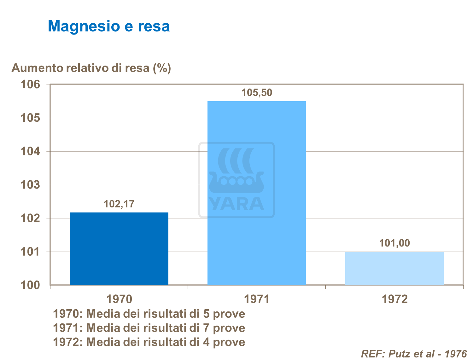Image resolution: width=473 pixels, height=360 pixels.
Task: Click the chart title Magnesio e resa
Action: click(108, 26)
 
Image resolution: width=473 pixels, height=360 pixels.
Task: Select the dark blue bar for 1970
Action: click(119, 249)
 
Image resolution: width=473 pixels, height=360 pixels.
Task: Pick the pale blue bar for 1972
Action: click(394, 268)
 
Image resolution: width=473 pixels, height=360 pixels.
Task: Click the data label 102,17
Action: click(119, 204)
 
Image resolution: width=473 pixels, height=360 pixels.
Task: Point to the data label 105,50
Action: click(256, 93)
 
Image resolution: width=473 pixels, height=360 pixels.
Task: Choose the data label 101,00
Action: click(394, 243)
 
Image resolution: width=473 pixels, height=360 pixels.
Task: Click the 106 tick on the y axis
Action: click(30, 84)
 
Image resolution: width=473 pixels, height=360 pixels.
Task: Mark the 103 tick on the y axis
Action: click(30, 185)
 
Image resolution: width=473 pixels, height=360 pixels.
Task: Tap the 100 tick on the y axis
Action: click(30, 285)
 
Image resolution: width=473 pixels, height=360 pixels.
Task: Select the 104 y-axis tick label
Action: click(30, 151)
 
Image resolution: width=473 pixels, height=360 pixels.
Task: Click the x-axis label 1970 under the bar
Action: click(119, 299)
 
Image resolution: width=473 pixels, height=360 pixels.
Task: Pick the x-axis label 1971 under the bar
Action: click(257, 299)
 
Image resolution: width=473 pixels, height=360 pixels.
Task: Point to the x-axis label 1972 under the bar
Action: click(394, 299)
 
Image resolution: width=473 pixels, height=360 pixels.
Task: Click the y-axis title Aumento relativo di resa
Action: click(91, 68)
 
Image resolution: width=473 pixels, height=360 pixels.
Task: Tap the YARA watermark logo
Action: click(236, 180)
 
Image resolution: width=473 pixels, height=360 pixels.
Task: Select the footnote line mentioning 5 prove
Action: click(149, 314)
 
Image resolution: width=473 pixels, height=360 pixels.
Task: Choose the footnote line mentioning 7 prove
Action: click(149, 328)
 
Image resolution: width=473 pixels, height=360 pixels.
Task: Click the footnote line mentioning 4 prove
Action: click(149, 342)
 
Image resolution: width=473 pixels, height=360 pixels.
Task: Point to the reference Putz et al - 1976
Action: click(413, 354)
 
